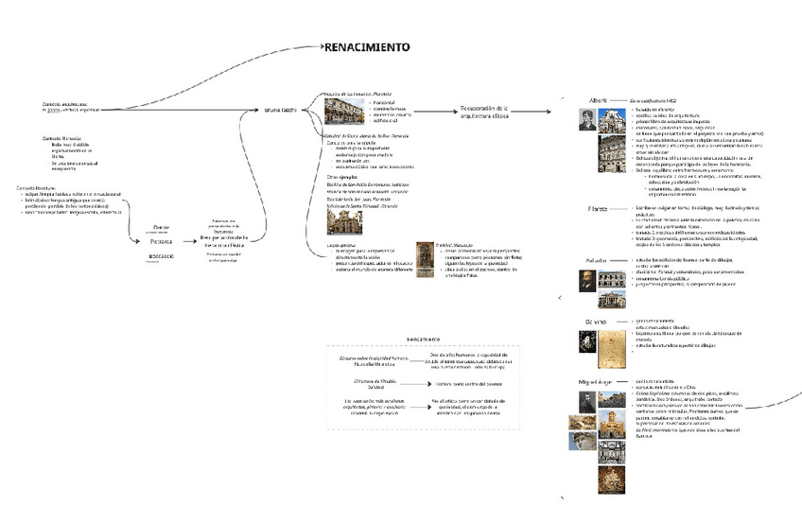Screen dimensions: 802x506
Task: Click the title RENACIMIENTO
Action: coord(367,47)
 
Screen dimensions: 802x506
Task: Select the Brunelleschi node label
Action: coord(281,111)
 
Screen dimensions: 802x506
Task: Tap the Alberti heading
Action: coord(598,99)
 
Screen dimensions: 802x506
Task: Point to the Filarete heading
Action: coord(598,208)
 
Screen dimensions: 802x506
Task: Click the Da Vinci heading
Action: coord(594,322)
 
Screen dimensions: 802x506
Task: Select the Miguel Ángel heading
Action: coord(596,380)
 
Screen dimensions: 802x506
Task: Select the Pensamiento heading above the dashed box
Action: coord(423,339)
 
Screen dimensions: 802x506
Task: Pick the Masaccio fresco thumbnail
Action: coord(427,264)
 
